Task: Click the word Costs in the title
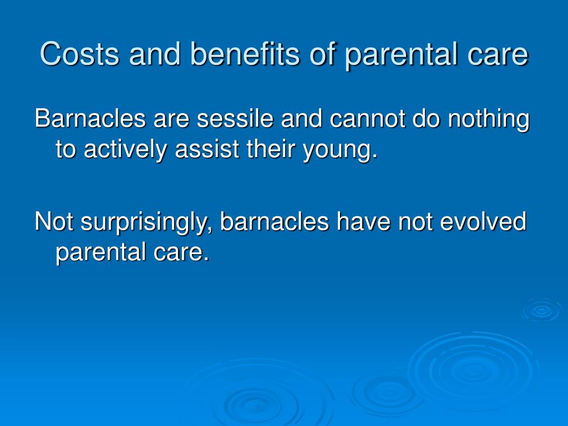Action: [x=79, y=54]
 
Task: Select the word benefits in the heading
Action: [x=245, y=54]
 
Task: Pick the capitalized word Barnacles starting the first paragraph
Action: [x=90, y=118]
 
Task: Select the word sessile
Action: [x=235, y=118]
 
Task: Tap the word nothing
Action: [x=489, y=120]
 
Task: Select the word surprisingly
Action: [x=146, y=222]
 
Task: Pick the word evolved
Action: [x=483, y=221]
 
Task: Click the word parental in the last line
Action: [x=100, y=253]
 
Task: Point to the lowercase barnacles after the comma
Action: [x=274, y=221]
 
